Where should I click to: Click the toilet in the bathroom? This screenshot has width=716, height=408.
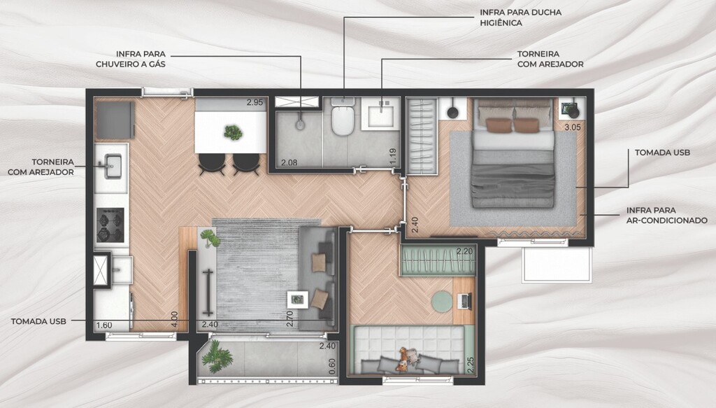[x=343, y=118]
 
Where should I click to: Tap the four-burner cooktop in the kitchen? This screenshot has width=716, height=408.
[x=110, y=225]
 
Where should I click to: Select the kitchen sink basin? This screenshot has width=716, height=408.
[x=113, y=165]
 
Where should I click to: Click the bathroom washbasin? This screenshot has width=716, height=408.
[x=381, y=114]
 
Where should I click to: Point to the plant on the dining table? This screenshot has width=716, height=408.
[x=234, y=132]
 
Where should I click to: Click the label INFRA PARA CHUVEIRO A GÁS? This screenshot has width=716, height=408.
[x=131, y=59]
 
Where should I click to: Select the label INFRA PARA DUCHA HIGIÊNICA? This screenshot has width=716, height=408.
[x=520, y=17]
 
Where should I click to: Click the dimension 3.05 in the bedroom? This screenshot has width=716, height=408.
[x=573, y=127]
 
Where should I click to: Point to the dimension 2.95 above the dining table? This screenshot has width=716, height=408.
[x=255, y=102]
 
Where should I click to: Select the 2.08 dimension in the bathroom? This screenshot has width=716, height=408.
[x=289, y=162]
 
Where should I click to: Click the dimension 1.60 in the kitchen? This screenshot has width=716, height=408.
[x=104, y=325]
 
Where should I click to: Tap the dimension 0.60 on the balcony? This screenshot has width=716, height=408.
[x=332, y=366]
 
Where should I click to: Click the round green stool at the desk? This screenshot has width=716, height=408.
[x=442, y=302]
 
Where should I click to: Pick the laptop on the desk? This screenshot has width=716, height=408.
[x=464, y=301]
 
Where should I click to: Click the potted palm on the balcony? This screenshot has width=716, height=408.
[x=217, y=356]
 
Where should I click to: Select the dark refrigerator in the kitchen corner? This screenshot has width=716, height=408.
[x=115, y=120]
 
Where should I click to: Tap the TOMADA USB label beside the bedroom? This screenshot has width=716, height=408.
[x=662, y=153]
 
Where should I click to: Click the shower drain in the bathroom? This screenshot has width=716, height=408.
[x=299, y=125]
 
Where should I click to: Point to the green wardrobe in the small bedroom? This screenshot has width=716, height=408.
[x=438, y=261]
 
